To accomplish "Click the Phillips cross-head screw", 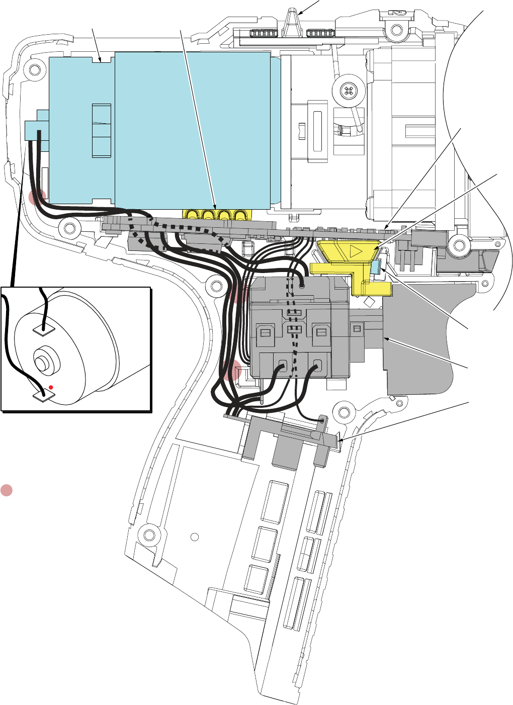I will (x=348, y=92).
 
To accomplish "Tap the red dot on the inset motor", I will (x=51, y=387).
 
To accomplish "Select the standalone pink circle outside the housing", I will (x=6, y=490).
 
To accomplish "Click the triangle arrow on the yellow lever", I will (x=355, y=250).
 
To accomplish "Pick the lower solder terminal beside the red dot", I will (x=43, y=397).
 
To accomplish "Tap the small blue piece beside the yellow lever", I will (x=375, y=267).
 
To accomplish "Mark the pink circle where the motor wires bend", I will (x=37, y=198).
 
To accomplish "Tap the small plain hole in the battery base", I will (x=195, y=537).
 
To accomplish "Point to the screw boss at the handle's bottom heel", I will (x=149, y=534).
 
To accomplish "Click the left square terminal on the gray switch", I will (x=265, y=333).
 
